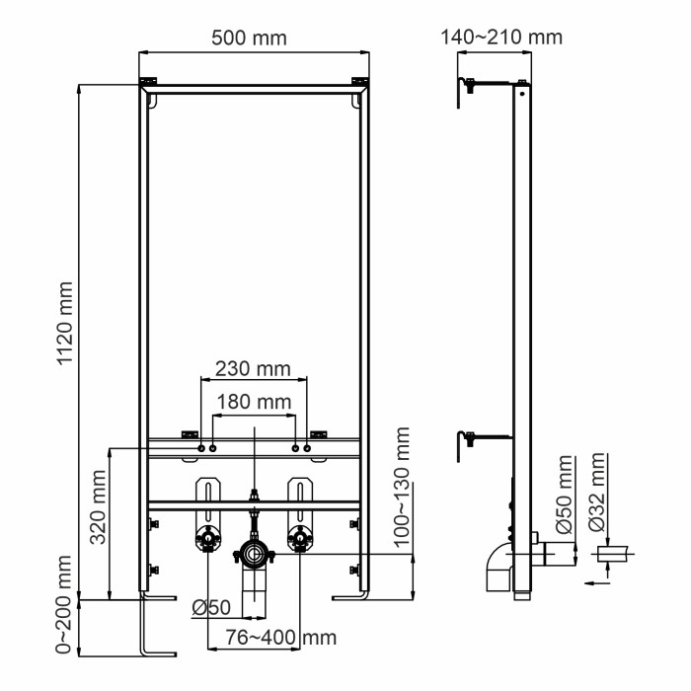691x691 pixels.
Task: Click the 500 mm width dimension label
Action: point(250,38)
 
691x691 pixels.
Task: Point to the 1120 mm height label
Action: point(66,323)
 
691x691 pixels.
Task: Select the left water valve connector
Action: point(208,539)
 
